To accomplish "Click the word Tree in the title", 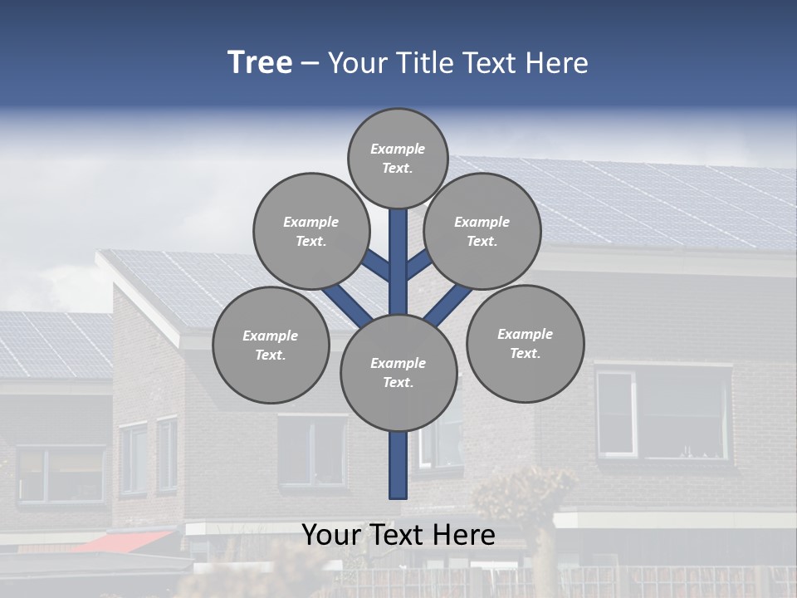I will coord(260,63).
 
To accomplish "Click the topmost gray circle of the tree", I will coord(398,158).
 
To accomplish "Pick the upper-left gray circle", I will coord(310,231).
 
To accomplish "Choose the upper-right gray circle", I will coord(482,231).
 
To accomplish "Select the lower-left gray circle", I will coord(271,345).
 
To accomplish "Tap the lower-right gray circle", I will coord(525,343).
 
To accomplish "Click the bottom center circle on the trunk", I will coord(398,372).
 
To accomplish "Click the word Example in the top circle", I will coord(398,149).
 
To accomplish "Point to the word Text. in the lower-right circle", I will coord(525,353).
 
